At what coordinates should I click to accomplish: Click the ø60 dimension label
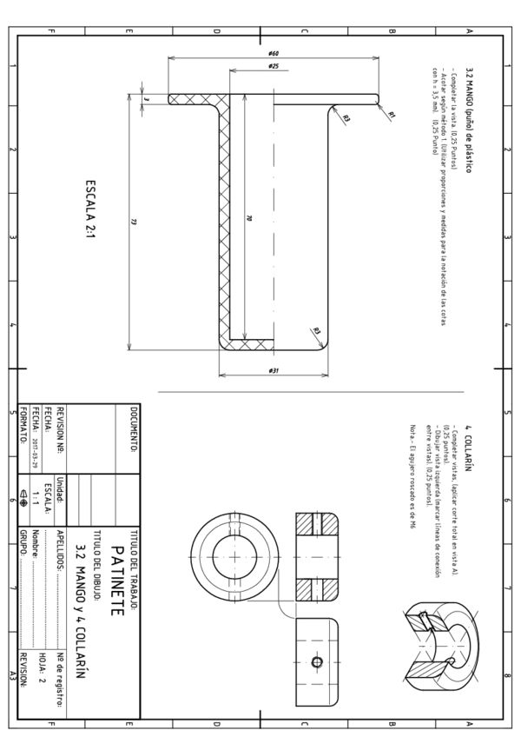coord(274,53)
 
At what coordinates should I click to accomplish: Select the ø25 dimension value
coord(273,66)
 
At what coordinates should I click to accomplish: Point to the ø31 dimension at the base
coord(273,371)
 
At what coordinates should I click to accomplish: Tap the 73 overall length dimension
coord(134,222)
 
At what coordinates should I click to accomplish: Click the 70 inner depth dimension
coord(248,217)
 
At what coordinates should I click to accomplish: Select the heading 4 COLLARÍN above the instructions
coord(469,445)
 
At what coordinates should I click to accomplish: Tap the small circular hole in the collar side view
coord(316,662)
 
